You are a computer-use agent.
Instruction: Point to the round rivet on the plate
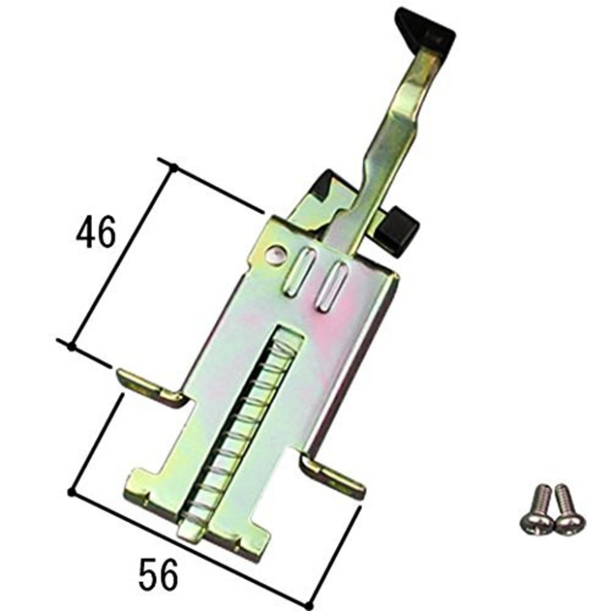click(x=276, y=254)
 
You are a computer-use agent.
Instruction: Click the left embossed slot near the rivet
click(x=299, y=273)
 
